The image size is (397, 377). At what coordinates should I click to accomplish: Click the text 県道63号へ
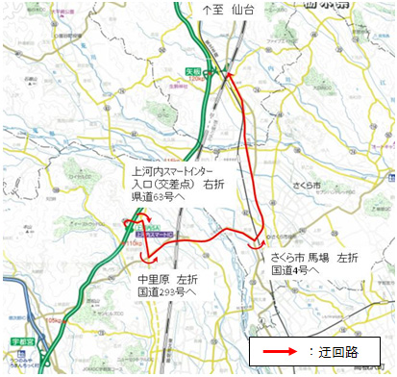pyautogui.click(x=160, y=195)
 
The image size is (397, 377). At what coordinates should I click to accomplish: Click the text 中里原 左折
pyautogui.click(x=166, y=279)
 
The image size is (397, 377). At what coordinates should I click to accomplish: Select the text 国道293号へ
pyautogui.click(x=167, y=292)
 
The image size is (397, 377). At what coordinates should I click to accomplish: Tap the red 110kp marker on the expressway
pyautogui.click(x=123, y=241)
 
